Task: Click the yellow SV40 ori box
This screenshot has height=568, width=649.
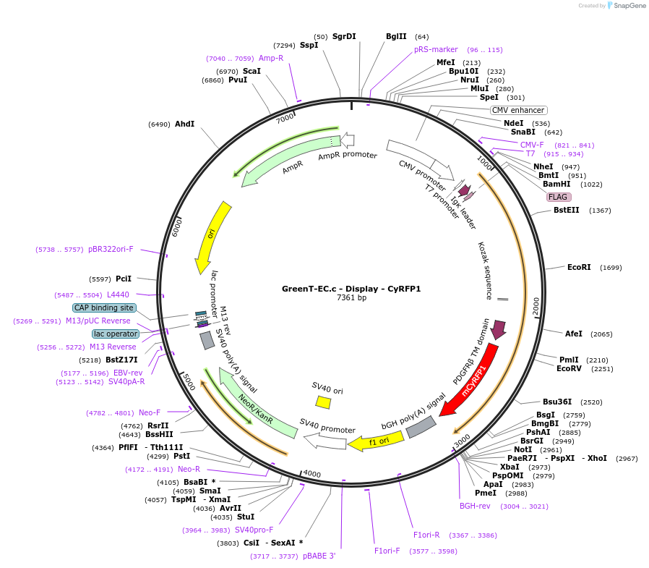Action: (323, 402)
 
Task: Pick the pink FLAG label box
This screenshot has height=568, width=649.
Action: (558, 197)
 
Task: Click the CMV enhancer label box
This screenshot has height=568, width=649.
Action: (518, 110)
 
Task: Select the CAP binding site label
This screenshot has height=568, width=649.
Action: (103, 308)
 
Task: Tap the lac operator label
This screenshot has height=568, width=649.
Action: (116, 334)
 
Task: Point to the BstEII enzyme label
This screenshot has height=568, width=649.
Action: (567, 210)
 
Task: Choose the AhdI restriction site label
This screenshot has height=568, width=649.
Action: (185, 124)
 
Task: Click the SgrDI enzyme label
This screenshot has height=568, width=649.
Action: (344, 36)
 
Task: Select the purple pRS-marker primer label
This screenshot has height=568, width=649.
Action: (436, 49)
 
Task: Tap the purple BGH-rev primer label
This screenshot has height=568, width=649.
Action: (475, 506)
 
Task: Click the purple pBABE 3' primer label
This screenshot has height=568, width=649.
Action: (319, 556)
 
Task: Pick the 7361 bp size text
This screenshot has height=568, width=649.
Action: (351, 297)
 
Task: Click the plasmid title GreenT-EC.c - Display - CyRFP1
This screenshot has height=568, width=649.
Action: (351, 288)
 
